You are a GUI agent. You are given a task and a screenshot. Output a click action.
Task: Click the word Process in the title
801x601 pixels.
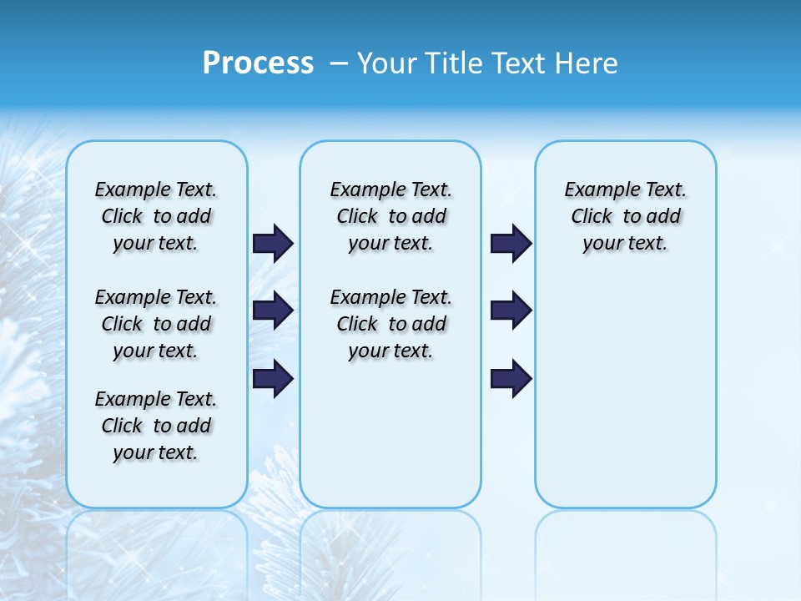tap(258, 63)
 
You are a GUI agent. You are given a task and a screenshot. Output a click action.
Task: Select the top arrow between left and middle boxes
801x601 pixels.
tap(273, 243)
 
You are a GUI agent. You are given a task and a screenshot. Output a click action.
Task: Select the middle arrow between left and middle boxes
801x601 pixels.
tap(273, 311)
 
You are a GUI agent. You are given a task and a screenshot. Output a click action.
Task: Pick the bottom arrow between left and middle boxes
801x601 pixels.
tap(273, 378)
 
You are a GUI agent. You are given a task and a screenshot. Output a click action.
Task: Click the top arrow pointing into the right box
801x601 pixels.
tap(511, 243)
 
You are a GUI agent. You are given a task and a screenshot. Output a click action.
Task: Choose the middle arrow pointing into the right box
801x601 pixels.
tap(511, 311)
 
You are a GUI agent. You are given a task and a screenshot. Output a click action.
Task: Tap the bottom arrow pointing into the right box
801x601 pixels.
tap(511, 378)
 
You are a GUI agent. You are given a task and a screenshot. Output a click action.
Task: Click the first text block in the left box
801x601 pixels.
tap(156, 216)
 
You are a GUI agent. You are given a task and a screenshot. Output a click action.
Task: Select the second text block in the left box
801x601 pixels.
tap(156, 324)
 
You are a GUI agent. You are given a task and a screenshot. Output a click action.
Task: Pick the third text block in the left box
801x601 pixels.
tap(156, 426)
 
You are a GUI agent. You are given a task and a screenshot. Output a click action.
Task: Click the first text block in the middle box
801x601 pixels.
tap(390, 216)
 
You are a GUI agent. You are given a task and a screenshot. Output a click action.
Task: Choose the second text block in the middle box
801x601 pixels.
tap(390, 324)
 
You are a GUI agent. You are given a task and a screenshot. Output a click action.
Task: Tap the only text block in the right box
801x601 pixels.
tap(625, 216)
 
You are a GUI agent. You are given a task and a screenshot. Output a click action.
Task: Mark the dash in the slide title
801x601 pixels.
tap(339, 63)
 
